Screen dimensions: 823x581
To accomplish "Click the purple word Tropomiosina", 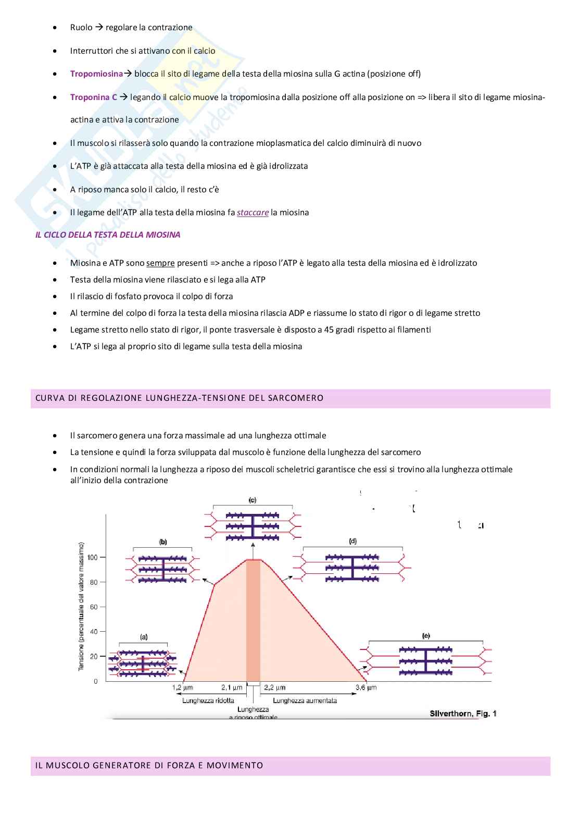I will pos(96,74).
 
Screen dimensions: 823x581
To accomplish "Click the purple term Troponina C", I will pos(94,97).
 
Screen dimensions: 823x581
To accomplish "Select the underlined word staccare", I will pos(252,213).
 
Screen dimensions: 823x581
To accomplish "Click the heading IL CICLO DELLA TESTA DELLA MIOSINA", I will pos(108,235).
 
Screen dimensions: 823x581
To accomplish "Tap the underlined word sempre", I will pos(160,263).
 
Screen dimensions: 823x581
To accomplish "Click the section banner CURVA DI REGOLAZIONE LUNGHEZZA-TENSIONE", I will pos(180,398).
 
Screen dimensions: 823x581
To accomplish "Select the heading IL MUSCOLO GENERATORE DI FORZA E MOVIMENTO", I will pos(149,766).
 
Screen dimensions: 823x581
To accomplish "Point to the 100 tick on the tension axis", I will pos(93,558).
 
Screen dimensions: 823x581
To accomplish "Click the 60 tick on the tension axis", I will pos(94,607).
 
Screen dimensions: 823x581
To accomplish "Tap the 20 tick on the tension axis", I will pos(94,657).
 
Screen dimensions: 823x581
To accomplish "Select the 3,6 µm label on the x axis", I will pos(366,688).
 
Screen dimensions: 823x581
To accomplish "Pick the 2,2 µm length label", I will pos(275,688).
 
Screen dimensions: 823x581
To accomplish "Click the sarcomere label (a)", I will pos(144,637).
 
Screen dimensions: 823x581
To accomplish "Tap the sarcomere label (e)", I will pos(426,636).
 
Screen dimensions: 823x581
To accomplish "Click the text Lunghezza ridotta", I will pos(208,701).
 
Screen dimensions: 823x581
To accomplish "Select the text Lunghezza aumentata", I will pos(305,701).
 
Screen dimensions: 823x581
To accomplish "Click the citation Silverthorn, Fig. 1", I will pos(463,714).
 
